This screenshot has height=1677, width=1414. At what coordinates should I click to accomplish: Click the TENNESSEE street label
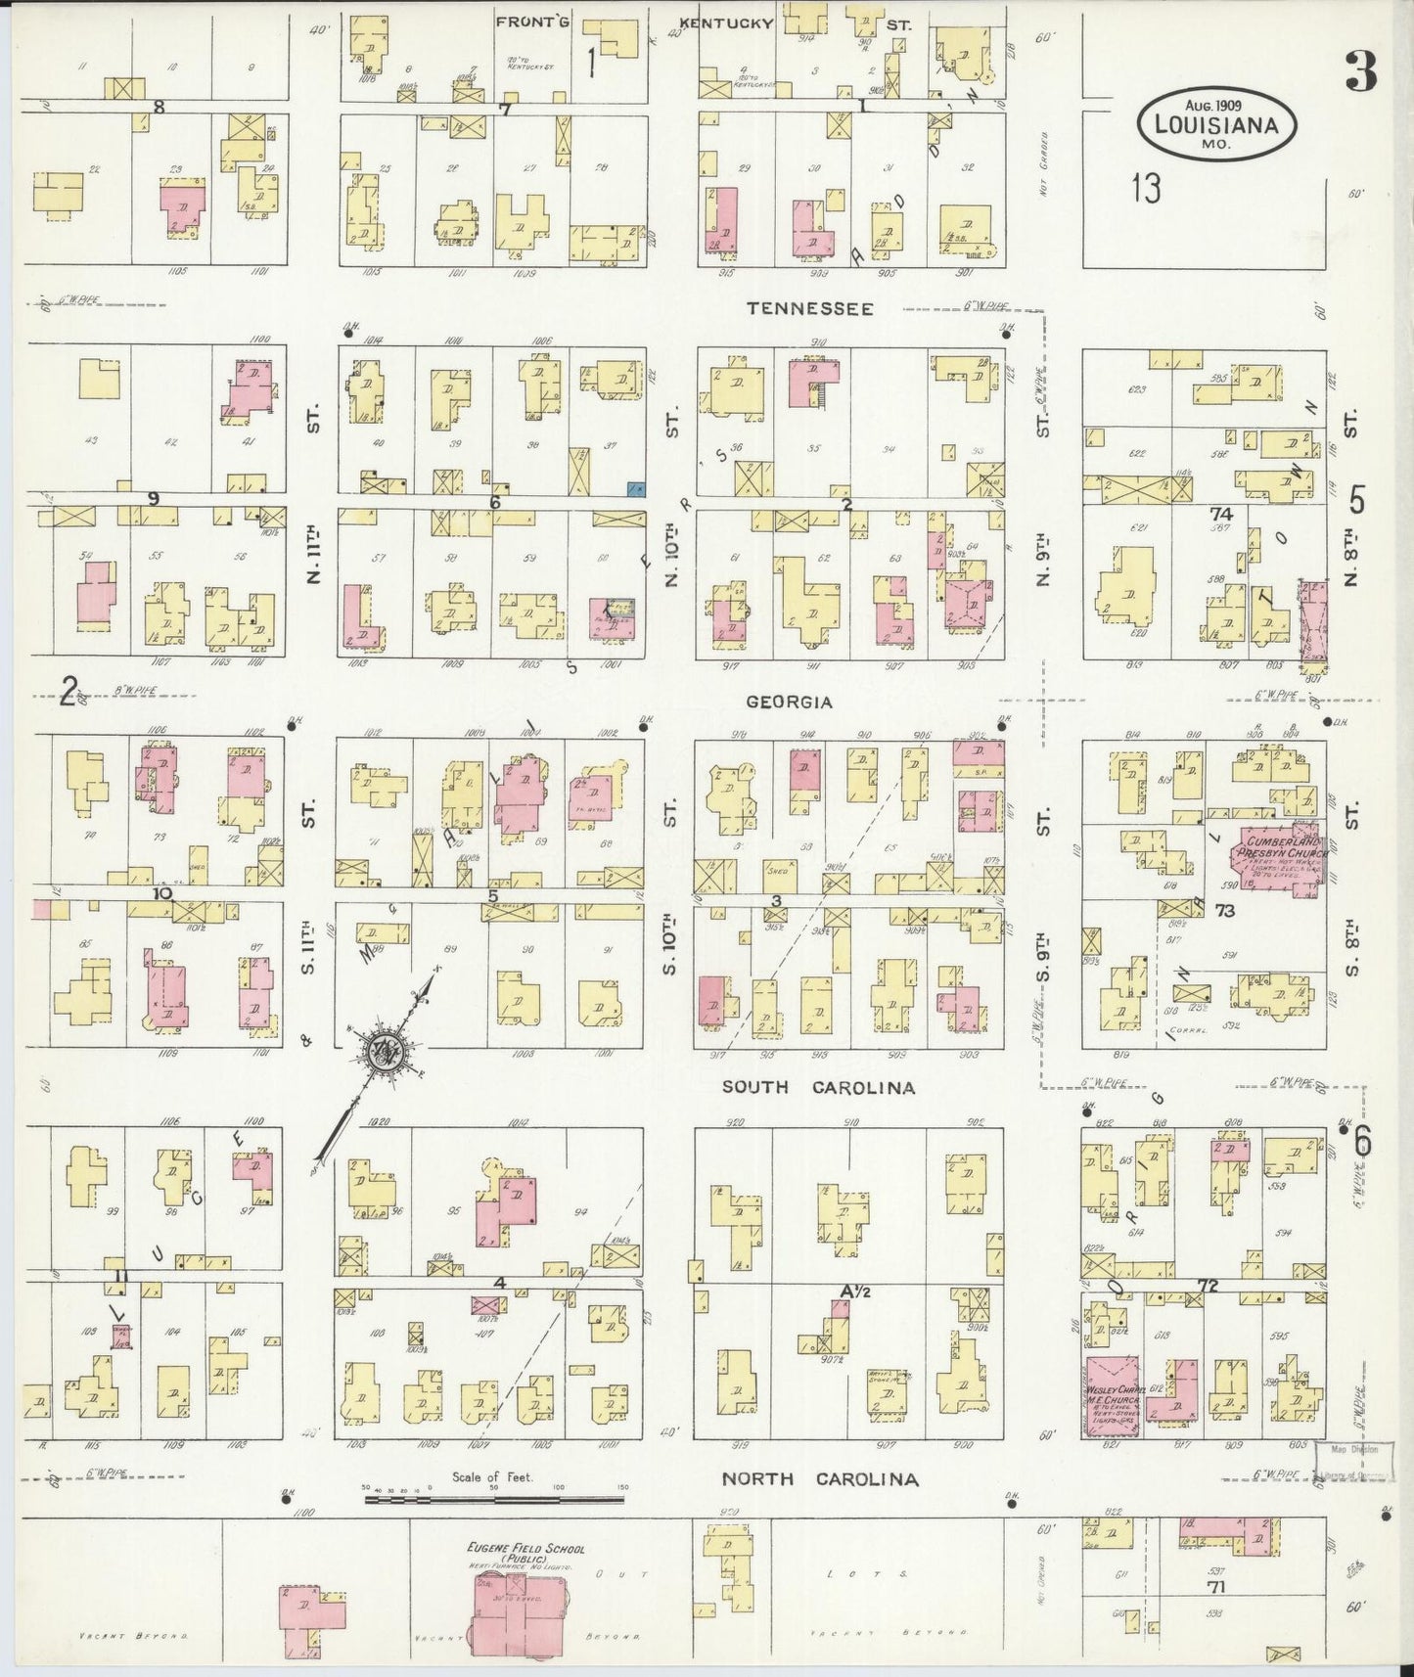(809, 308)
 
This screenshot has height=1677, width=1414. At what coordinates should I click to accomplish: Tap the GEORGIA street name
(789, 702)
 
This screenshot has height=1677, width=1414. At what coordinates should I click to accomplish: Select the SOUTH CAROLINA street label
(819, 1087)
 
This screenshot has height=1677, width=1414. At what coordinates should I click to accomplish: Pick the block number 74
(1220, 514)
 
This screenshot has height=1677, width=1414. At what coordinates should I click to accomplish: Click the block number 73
(1224, 910)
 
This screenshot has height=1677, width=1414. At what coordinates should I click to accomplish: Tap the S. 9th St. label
(1043, 954)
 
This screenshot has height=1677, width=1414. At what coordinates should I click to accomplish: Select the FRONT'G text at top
(525, 22)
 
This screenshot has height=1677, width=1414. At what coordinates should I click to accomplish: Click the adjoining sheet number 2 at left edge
(67, 691)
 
